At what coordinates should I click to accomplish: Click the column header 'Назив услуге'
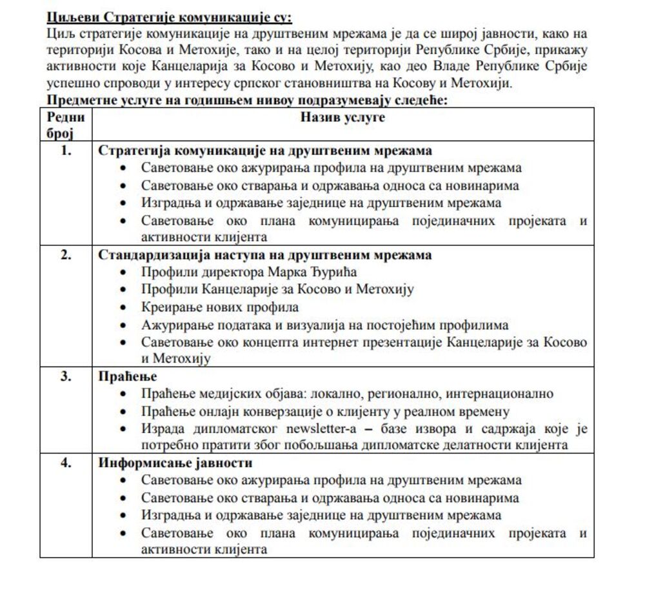pyautogui.click(x=342, y=117)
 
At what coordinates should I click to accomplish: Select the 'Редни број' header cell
pyautogui.click(x=65, y=125)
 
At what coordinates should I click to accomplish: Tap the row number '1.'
pyautogui.click(x=66, y=150)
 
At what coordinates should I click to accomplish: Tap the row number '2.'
pyautogui.click(x=66, y=255)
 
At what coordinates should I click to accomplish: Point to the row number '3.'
pyautogui.click(x=66, y=376)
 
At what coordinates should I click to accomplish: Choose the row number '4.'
pyautogui.click(x=66, y=463)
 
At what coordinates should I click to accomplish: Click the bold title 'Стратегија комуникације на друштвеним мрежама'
pyautogui.click(x=264, y=150)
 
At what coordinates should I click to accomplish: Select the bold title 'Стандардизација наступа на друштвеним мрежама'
pyautogui.click(x=264, y=255)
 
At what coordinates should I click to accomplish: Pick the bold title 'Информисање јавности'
pyautogui.click(x=175, y=463)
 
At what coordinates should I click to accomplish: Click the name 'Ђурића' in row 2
pyautogui.click(x=332, y=272)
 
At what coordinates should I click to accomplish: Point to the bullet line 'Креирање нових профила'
pyautogui.click(x=220, y=307)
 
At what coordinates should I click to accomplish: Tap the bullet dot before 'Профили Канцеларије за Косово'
pyautogui.click(x=124, y=290)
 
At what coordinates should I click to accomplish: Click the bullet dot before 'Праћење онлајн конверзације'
pyautogui.click(x=124, y=412)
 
